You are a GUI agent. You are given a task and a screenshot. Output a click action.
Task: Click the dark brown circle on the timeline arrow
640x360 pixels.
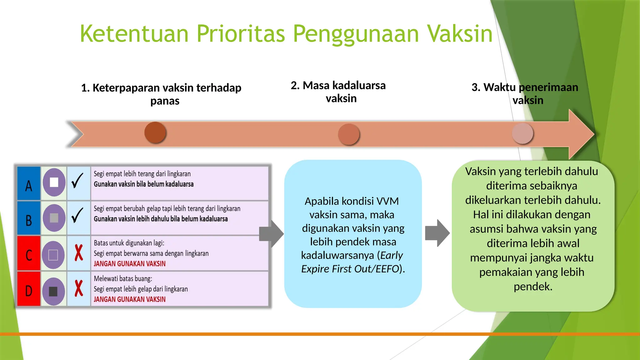pyautogui.click(x=155, y=132)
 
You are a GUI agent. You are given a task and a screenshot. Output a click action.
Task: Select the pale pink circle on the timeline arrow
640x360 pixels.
pyautogui.click(x=522, y=133)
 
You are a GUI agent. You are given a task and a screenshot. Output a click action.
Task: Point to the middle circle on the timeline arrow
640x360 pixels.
pyautogui.click(x=349, y=134)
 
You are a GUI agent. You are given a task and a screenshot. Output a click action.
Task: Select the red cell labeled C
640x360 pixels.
pyautogui.click(x=29, y=254)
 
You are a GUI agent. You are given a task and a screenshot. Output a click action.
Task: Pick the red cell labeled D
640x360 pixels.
pyautogui.click(x=29, y=289)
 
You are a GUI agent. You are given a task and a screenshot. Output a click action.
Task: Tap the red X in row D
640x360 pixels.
pyautogui.click(x=79, y=288)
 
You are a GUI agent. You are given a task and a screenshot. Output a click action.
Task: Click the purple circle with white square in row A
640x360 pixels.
pyautogui.click(x=54, y=182)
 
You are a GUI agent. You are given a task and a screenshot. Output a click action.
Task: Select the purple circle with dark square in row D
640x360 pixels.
pyautogui.click(x=53, y=291)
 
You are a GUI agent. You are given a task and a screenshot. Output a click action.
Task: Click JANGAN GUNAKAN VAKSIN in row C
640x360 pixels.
pyautogui.click(x=130, y=264)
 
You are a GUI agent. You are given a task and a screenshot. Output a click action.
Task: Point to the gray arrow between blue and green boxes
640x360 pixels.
pyautogui.click(x=437, y=233)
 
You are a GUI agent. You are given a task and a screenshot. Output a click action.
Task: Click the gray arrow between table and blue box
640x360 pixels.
pyautogui.click(x=271, y=234)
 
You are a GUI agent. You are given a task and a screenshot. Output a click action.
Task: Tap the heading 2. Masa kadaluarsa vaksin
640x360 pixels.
pyautogui.click(x=338, y=92)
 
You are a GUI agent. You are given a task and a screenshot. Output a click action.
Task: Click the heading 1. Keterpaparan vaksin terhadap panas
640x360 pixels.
pyautogui.click(x=161, y=94)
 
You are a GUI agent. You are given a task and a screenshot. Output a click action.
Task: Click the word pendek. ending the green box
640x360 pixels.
pyautogui.click(x=533, y=287)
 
